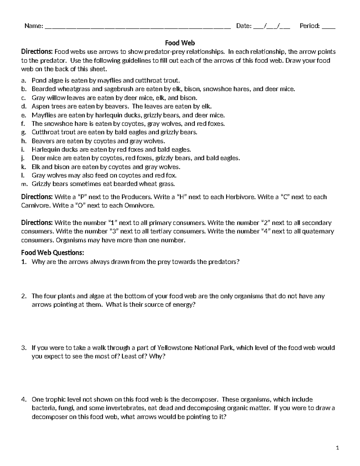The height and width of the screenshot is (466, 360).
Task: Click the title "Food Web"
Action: [180, 43]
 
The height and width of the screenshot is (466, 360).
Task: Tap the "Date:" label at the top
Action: [244, 26]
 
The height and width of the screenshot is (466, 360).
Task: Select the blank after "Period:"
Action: [328, 26]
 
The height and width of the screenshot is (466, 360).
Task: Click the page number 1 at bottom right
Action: [337, 448]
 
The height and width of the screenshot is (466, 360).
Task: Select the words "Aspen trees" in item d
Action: [46, 107]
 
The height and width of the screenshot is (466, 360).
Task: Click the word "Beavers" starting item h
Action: [42, 141]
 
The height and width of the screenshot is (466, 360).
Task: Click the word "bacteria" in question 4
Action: [43, 408]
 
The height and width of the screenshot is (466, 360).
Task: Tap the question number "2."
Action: [24, 296]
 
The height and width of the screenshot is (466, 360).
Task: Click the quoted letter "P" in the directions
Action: [81, 197]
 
